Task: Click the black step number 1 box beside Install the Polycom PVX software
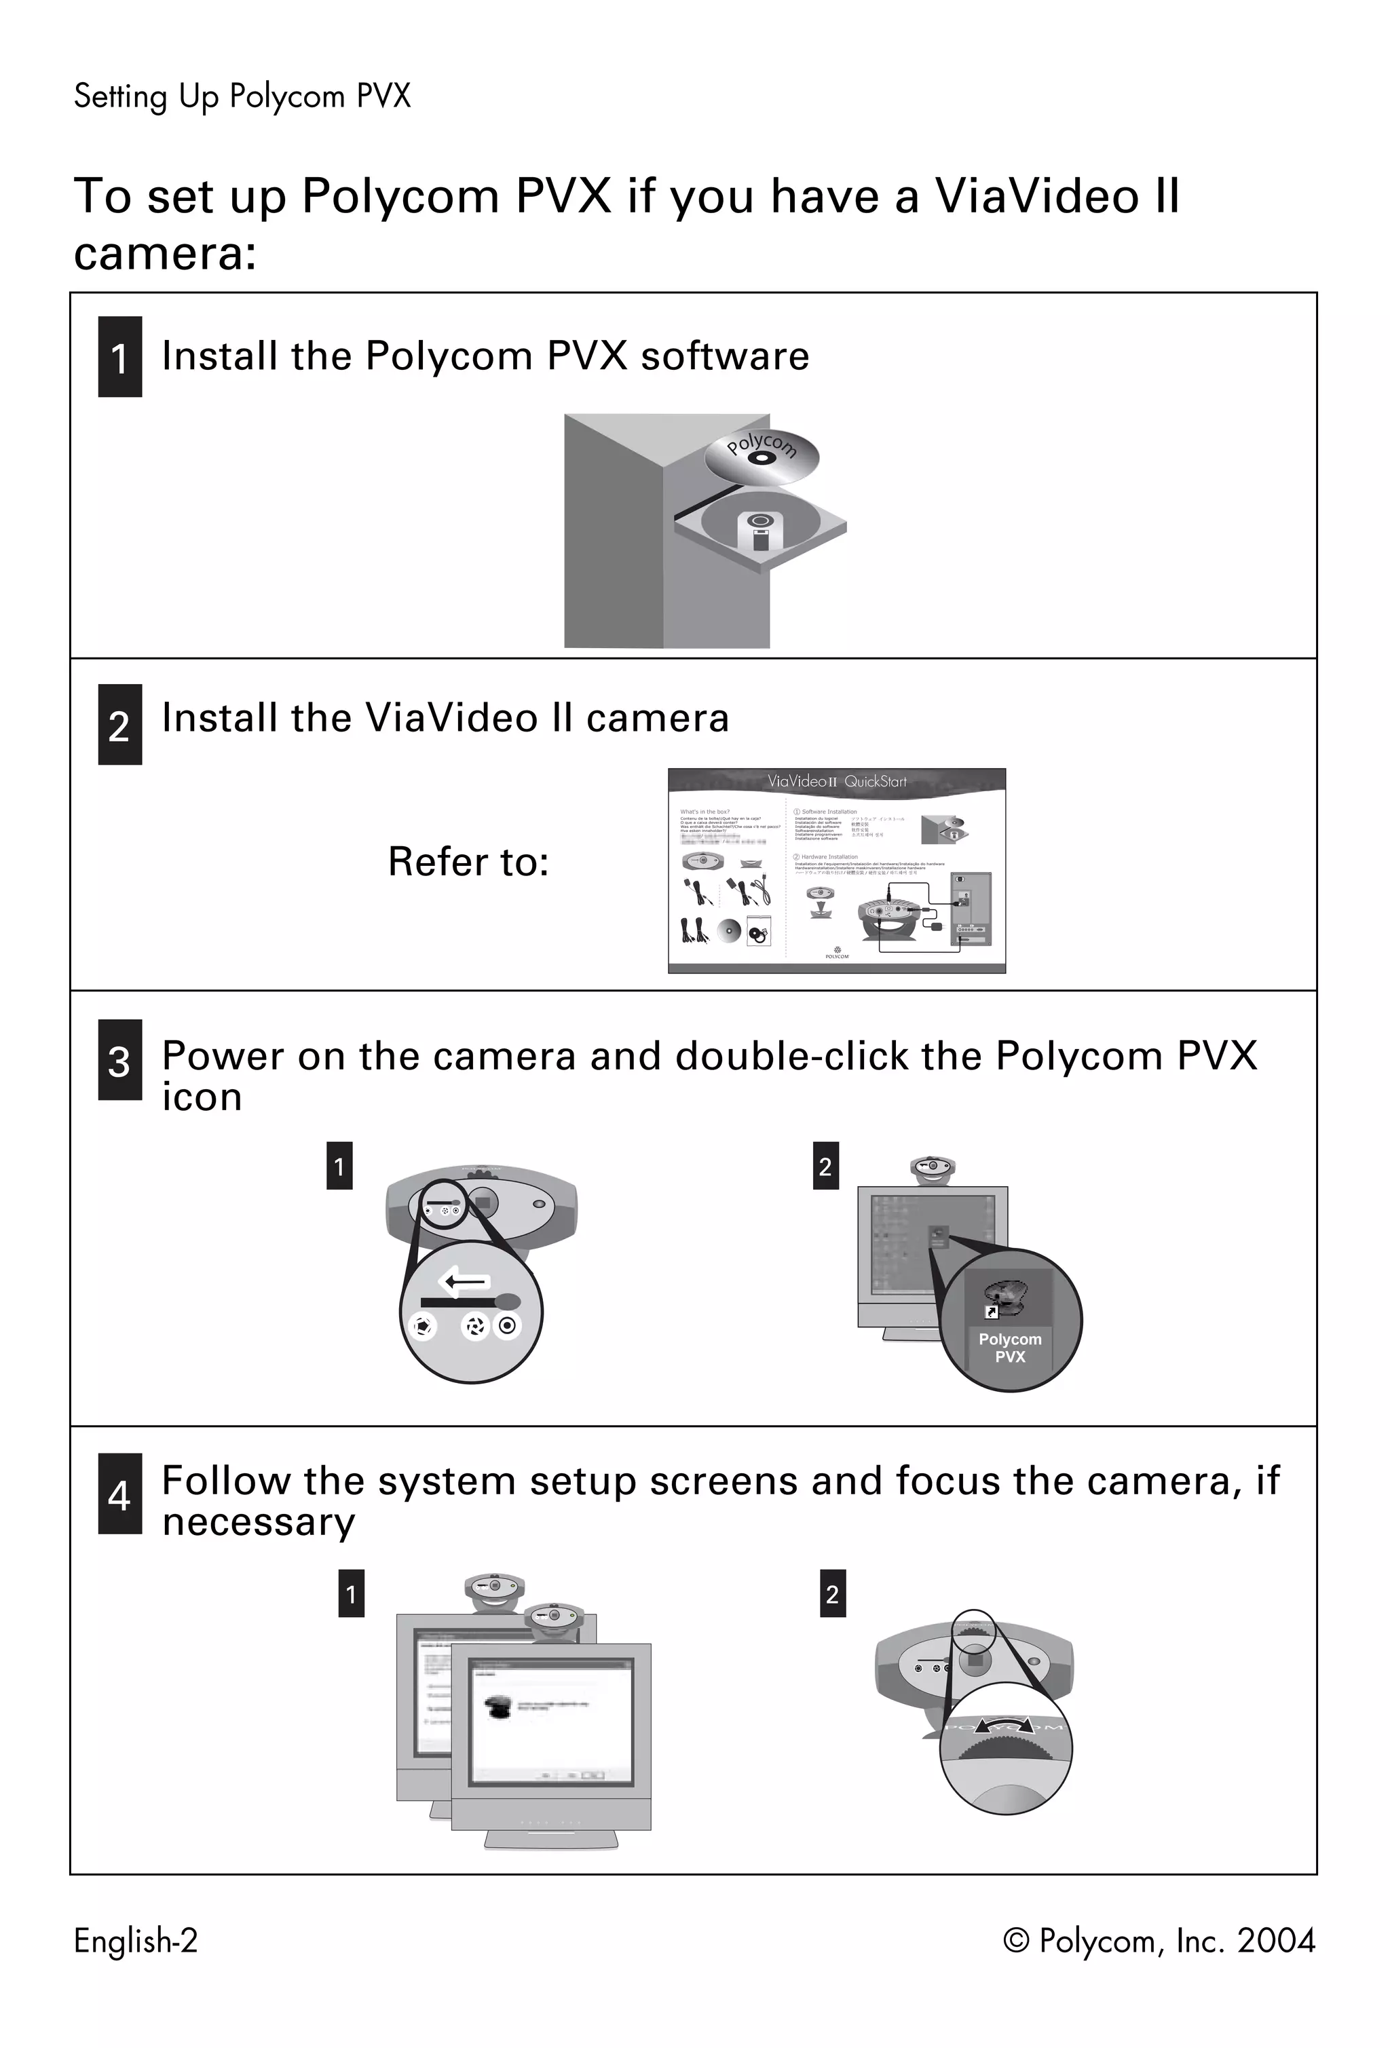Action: (x=120, y=356)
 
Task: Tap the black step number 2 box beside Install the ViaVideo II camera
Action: (x=120, y=723)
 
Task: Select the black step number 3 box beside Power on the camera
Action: (x=120, y=1059)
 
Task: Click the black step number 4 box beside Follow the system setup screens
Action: (x=120, y=1493)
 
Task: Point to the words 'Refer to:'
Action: (x=468, y=862)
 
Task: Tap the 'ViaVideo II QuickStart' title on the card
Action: (x=835, y=781)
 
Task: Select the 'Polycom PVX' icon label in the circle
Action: (x=1009, y=1348)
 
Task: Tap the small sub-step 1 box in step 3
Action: (x=339, y=1166)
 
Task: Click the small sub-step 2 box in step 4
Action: (x=832, y=1593)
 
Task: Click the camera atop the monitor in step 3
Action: (x=933, y=1169)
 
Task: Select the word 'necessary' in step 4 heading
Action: (x=259, y=1522)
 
